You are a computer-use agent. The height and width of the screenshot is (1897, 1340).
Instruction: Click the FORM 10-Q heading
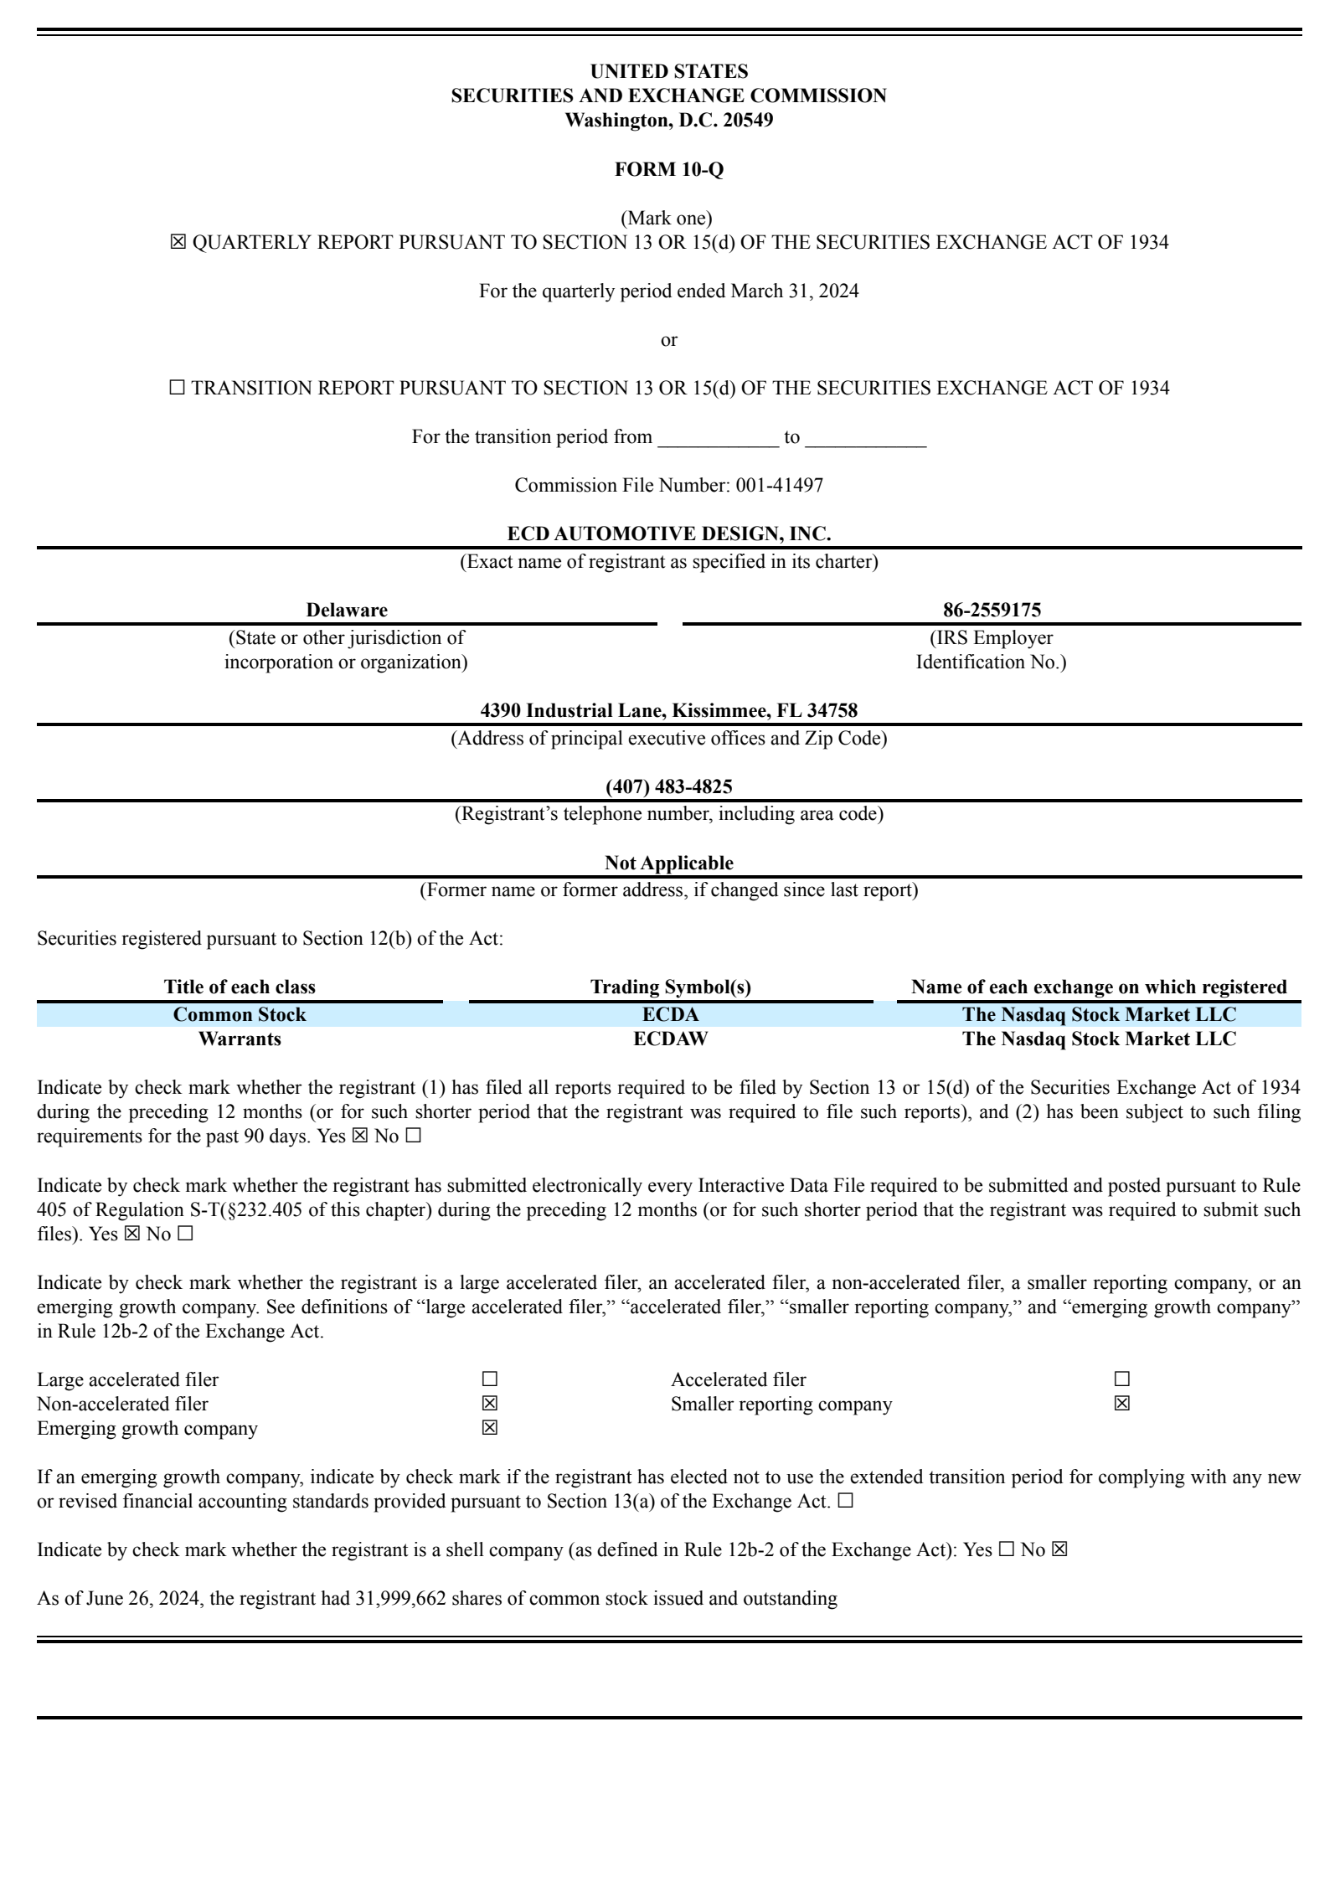point(668,169)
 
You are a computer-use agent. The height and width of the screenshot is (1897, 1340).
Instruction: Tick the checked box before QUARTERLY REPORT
point(178,243)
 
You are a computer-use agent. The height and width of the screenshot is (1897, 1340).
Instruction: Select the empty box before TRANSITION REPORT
point(177,389)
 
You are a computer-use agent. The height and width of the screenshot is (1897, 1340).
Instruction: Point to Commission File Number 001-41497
point(779,486)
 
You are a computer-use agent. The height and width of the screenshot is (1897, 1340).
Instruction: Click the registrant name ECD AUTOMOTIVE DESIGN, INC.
point(668,534)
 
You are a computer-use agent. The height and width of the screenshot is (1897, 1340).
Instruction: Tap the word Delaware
point(346,610)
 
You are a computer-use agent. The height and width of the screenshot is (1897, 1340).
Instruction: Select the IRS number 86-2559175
point(992,610)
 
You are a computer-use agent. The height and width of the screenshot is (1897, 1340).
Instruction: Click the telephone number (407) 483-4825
point(668,786)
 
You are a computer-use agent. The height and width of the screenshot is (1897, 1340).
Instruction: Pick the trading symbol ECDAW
point(670,1039)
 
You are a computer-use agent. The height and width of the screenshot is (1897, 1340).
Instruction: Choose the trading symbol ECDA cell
point(670,1015)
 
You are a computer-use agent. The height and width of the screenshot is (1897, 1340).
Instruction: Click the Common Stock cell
point(240,1015)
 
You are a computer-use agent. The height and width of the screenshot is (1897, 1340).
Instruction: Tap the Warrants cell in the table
point(240,1039)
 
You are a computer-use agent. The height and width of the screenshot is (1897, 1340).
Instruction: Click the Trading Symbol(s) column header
point(670,987)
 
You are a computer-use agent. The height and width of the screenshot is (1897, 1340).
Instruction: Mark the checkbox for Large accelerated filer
point(490,1379)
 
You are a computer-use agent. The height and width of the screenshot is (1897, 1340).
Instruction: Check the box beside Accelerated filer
point(1122,1379)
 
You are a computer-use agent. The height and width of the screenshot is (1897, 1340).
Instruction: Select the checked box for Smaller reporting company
point(1122,1404)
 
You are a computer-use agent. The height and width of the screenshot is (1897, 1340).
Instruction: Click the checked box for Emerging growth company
point(490,1428)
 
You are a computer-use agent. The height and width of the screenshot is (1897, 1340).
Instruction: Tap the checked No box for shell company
point(1059,1550)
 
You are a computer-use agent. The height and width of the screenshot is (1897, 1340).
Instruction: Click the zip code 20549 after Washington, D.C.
point(748,120)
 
